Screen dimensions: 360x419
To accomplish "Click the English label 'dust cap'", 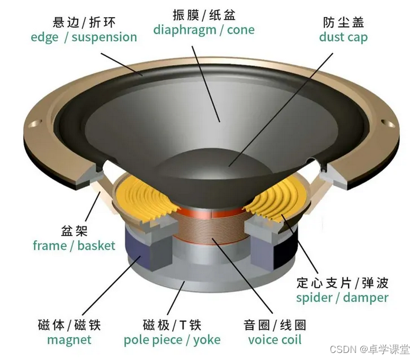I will [343, 37].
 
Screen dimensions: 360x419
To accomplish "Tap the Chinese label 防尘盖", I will [343, 22].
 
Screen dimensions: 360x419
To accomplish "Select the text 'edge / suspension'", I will [83, 37].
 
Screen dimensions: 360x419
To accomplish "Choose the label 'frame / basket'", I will [74, 245].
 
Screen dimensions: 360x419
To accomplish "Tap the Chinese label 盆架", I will [74, 230].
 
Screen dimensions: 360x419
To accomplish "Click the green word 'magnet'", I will [69, 339].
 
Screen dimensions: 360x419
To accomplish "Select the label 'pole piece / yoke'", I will [172, 339].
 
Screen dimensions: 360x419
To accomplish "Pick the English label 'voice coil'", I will [274, 339].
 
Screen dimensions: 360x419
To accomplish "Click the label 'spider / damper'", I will [342, 297].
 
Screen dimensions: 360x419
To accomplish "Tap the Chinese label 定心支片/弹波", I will [342, 282].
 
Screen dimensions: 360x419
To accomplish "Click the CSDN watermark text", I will [369, 349].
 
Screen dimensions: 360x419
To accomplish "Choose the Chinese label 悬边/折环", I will [83, 22].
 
